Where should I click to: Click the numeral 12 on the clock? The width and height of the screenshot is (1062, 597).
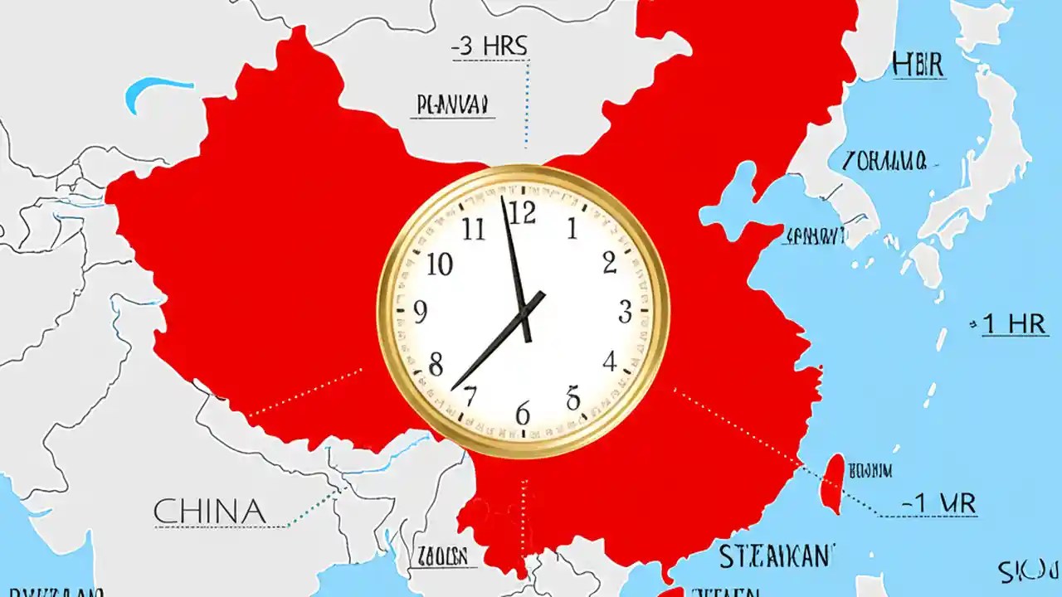coord(523,214)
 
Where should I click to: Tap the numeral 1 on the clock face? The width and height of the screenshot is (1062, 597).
coord(572,228)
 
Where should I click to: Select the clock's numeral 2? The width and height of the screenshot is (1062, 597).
coord(610,264)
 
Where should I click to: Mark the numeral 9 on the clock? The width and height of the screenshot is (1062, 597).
coord(421,313)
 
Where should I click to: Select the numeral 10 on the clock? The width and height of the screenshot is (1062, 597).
coord(440,265)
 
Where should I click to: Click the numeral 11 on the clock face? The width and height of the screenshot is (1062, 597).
coord(474,228)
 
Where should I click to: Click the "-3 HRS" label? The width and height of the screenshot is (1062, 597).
coord(490,47)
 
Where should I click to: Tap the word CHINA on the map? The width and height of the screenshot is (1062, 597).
coord(209,511)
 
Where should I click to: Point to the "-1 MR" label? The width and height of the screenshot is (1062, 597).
coord(938,502)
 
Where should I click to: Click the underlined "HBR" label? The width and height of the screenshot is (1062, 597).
coord(918,65)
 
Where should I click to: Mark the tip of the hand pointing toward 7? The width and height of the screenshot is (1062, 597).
coord(453,388)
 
